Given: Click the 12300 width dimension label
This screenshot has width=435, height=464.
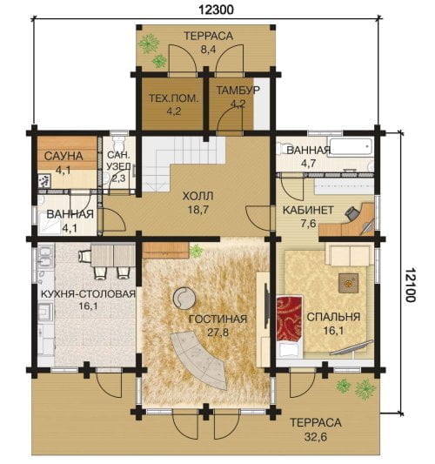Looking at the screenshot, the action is pos(216,10).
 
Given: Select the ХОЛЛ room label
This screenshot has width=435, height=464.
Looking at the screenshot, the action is pos(197,196).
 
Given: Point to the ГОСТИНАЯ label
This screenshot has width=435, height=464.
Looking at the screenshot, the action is pos(218,319).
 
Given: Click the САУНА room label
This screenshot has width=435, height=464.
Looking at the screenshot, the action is pos(64,156).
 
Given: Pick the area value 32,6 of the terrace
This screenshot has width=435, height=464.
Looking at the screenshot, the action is pos(316,436).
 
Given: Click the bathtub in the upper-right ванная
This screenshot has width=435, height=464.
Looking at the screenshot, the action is pos(351,146).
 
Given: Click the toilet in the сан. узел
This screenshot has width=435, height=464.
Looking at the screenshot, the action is pos(119,144).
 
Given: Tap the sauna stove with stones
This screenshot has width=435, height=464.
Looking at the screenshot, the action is pos(44,180).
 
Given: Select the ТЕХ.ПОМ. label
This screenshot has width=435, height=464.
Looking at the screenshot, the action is pos(173,98).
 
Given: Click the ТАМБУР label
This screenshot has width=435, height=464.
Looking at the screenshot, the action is pos(238,90).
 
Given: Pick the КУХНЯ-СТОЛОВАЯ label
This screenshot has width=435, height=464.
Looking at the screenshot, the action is pos(88,294).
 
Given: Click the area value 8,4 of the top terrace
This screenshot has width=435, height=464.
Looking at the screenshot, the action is pos(209,49).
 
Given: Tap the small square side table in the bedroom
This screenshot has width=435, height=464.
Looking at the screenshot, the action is pos(349,283).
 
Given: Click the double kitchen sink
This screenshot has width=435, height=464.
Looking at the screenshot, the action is pos(45,259).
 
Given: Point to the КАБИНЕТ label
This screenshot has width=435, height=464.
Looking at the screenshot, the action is pos(308,210).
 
